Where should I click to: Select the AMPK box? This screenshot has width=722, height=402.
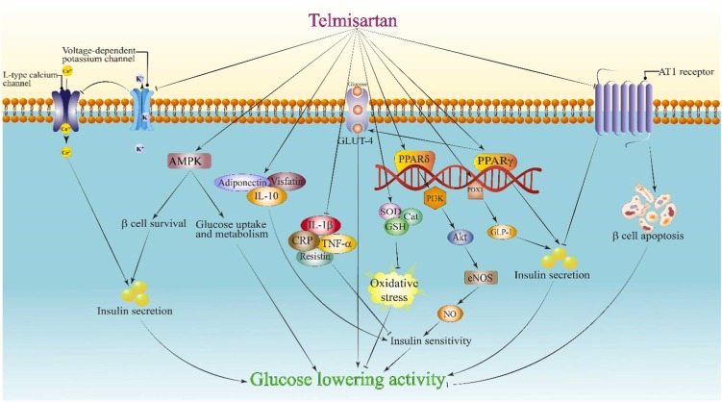click(x=189, y=162)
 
